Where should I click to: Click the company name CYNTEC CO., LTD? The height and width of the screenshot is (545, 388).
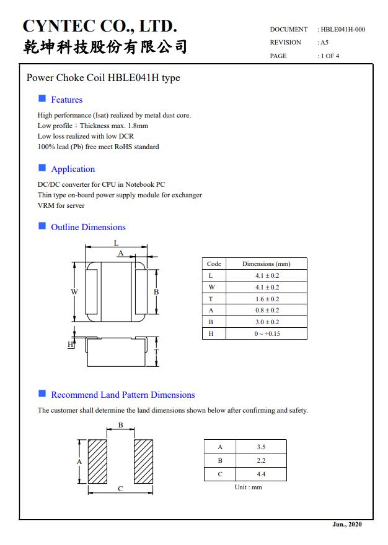coord(100,26)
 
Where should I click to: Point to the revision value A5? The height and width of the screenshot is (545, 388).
coord(324,43)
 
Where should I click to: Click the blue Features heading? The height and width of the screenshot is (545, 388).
coord(66,100)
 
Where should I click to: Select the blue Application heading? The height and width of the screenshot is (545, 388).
coord(73,169)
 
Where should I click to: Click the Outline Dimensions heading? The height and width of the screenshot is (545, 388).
coord(88,227)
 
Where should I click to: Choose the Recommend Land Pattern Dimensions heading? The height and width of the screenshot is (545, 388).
coord(123,395)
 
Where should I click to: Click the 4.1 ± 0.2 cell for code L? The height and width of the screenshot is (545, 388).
coord(267,275)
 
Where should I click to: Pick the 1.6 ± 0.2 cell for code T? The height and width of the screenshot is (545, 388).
coord(267,299)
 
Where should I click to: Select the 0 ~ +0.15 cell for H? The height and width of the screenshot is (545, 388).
coord(267,333)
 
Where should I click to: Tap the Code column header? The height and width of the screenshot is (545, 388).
coord(214,264)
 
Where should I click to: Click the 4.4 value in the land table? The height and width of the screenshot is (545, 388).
coord(261,474)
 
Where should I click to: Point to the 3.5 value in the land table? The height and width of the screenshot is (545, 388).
coord(261,447)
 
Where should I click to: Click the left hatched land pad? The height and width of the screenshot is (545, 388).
coord(97,461)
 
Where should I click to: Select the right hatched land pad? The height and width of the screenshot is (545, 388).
coord(143,461)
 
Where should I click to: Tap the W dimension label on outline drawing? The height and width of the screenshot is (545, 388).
coord(74,291)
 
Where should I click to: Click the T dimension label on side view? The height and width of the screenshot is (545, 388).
coord(156,351)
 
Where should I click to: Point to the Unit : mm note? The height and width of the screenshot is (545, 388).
coord(248,487)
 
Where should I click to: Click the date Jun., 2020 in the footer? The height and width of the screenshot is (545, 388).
coord(347,525)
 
